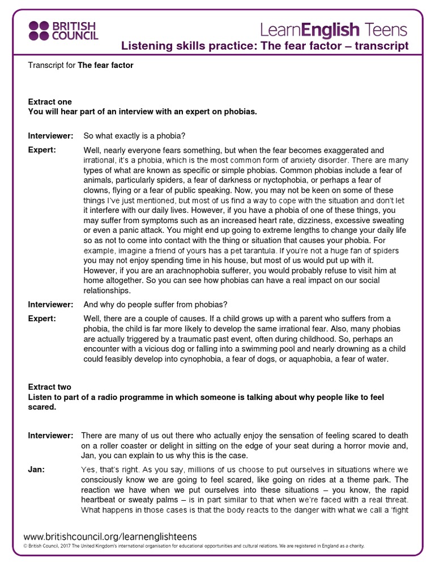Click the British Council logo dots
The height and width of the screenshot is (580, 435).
tap(39, 30)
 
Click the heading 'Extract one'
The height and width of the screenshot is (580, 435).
tap(50, 102)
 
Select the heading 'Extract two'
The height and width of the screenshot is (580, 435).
tap(50, 387)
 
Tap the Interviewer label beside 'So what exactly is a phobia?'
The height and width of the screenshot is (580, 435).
tap(50, 136)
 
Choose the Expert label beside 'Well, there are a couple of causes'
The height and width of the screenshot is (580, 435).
tap(42, 318)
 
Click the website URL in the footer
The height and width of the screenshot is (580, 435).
tap(110, 536)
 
